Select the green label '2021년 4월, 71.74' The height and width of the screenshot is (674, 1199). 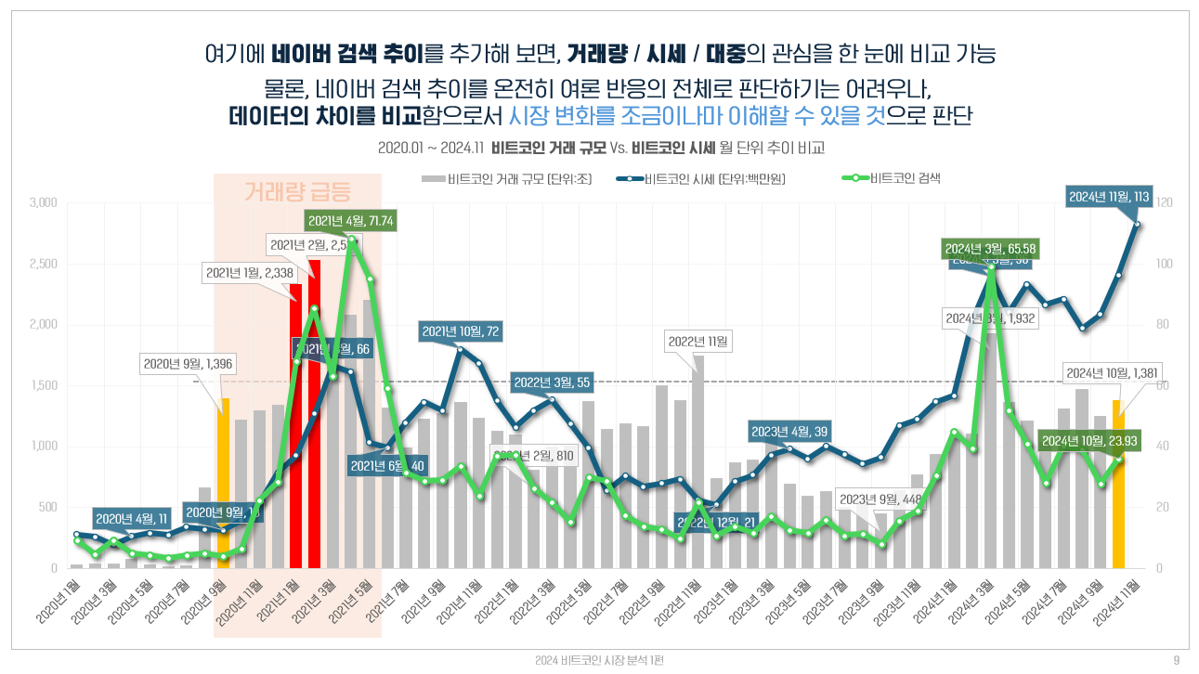(350, 221)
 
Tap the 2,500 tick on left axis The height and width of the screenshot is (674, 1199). (43, 264)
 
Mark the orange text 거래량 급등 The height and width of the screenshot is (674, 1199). (297, 192)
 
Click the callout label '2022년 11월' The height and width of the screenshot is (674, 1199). (699, 342)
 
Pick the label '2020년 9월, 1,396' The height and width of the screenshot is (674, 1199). (188, 363)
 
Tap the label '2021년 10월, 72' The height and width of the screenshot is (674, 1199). (462, 331)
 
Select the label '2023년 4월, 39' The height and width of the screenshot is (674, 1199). (789, 431)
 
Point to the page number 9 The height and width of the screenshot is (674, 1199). (1176, 660)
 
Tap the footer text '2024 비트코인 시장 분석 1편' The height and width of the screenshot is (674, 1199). (599, 660)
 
